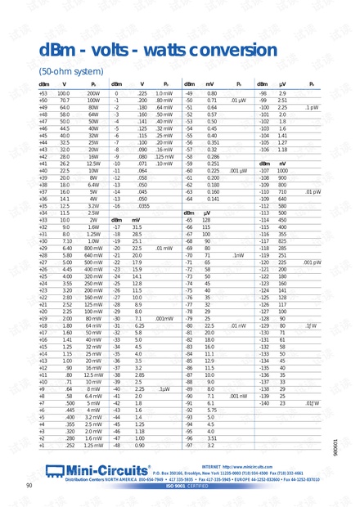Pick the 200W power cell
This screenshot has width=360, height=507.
coord(93,94)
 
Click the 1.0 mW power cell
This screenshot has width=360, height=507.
coord(164,94)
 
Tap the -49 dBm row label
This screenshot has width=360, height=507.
coord(189,94)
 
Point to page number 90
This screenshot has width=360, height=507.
coord(29,486)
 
